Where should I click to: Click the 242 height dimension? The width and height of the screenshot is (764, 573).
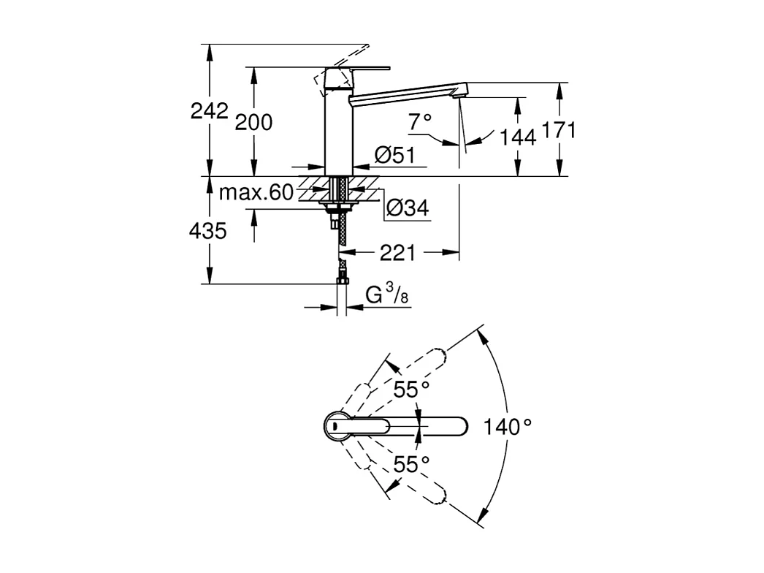[209, 111]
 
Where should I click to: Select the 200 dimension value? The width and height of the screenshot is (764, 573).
[253, 122]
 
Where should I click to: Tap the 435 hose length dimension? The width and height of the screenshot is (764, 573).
[207, 231]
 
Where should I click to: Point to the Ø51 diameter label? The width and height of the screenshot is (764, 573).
[394, 155]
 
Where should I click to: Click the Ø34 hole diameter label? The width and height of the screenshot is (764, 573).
[406, 208]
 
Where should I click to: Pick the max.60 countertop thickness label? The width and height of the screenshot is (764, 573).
[256, 193]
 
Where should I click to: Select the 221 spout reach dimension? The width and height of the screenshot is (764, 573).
[397, 253]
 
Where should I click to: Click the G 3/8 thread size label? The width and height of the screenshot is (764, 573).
[386, 296]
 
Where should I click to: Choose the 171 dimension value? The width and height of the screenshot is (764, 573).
[559, 131]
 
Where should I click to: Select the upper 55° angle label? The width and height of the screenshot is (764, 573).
[411, 390]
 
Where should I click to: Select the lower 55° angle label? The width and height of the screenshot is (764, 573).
[411, 463]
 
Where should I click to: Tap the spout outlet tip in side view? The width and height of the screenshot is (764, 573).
[459, 92]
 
